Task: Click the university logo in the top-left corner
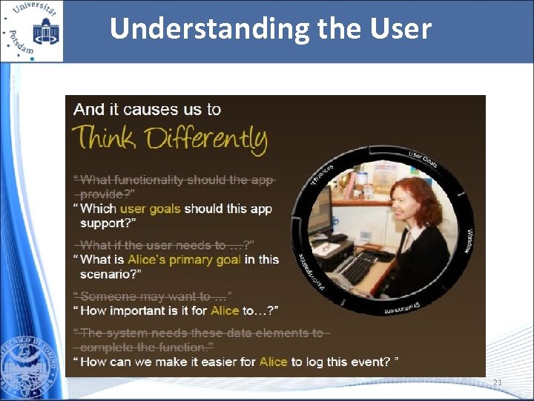click(x=32, y=30)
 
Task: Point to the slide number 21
click(x=497, y=383)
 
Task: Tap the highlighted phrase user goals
click(x=151, y=209)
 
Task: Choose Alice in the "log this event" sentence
click(x=274, y=362)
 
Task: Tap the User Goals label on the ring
click(x=423, y=158)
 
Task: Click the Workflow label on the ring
click(x=469, y=240)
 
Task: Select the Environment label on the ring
click(x=403, y=306)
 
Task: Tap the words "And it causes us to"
click(x=147, y=109)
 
